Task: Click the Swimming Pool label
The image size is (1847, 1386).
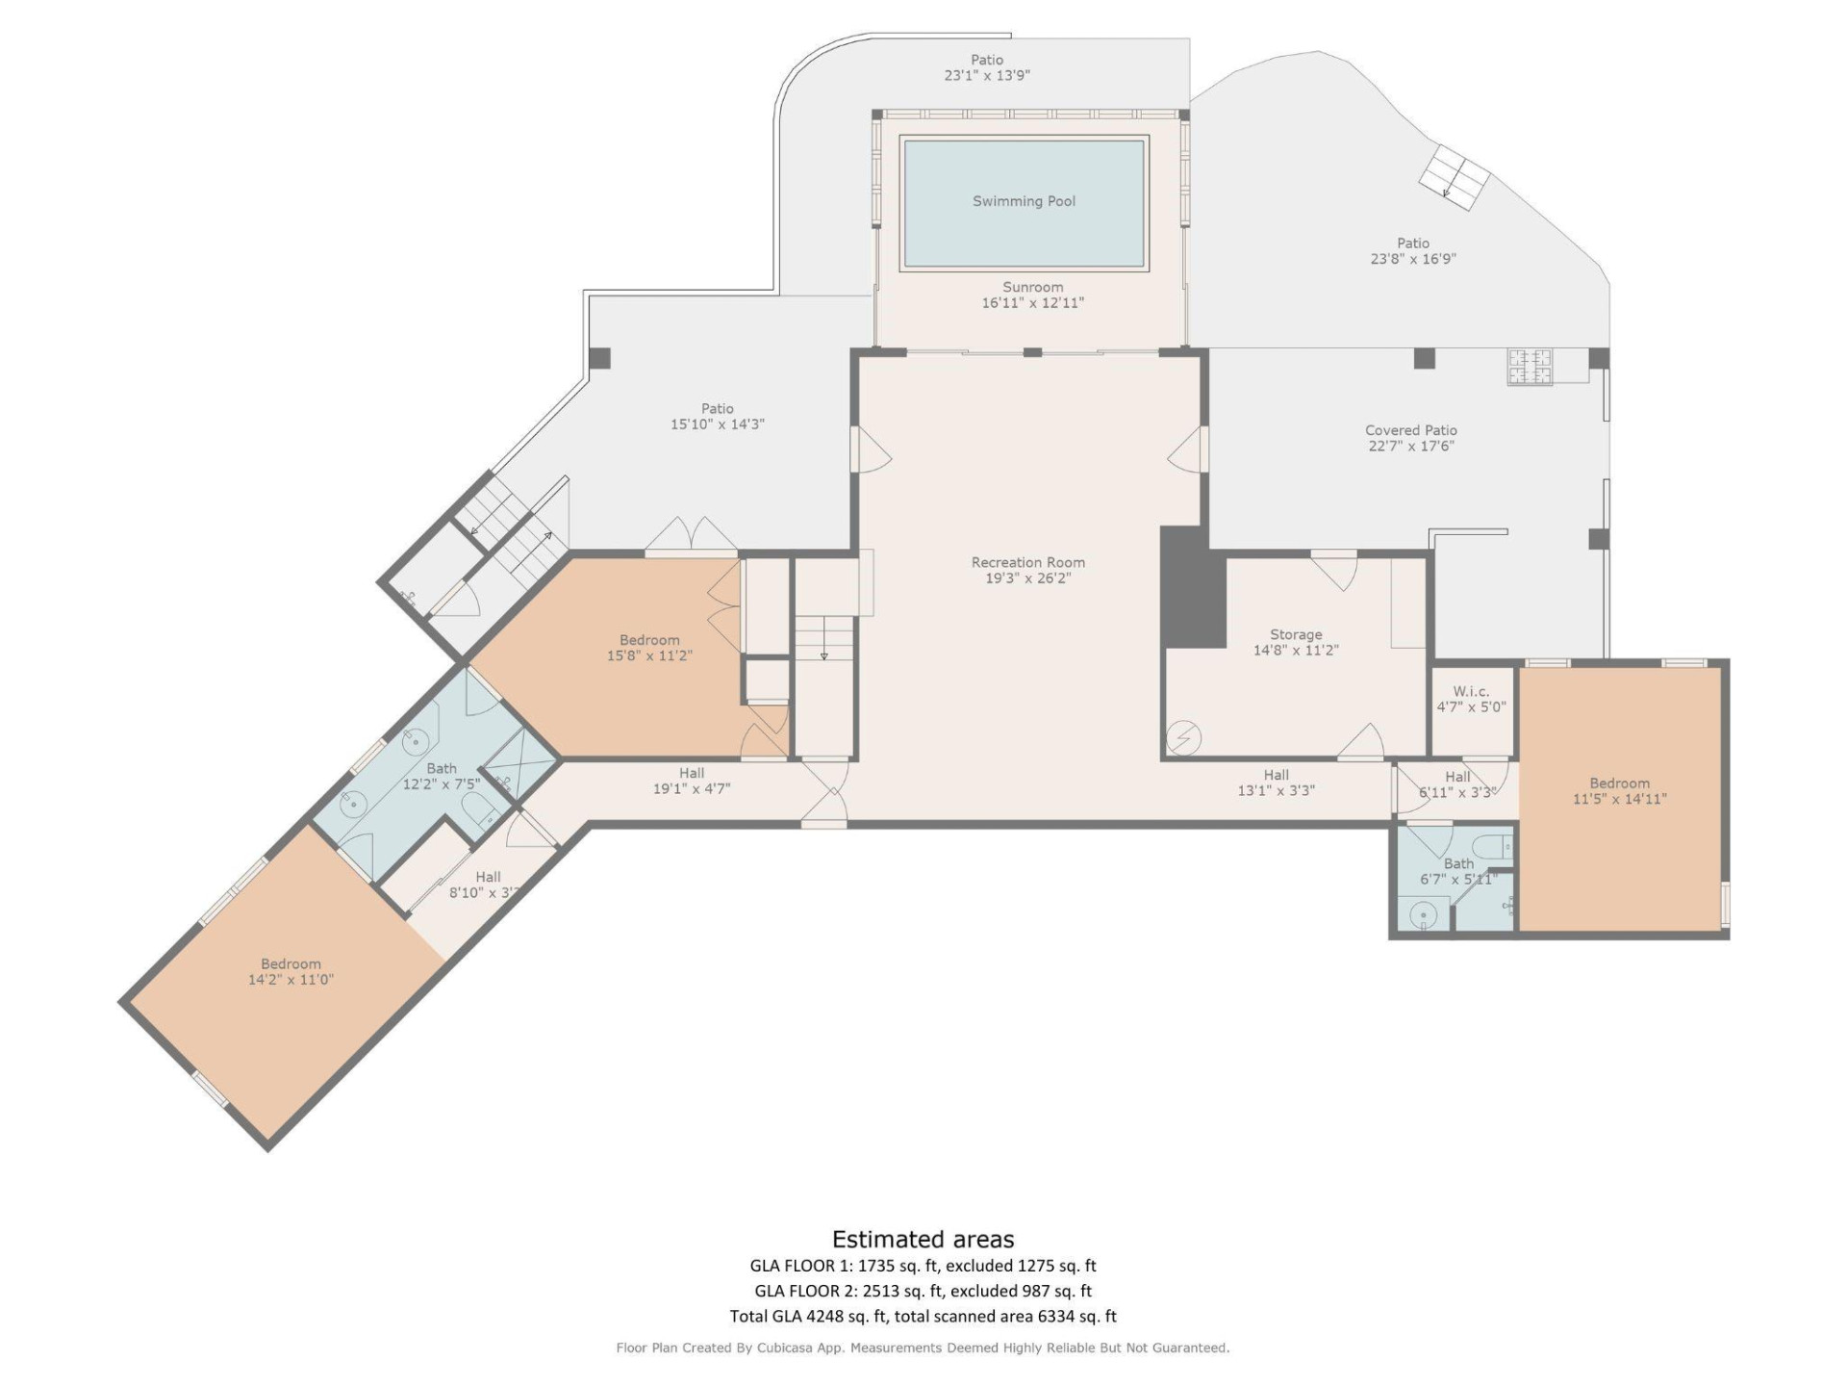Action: click(x=1024, y=201)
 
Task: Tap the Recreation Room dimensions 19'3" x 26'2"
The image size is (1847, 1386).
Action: click(x=1027, y=578)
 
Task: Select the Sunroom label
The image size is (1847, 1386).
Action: click(x=1032, y=287)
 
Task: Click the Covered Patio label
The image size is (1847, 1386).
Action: click(x=1410, y=430)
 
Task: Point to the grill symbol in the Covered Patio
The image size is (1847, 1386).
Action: click(x=1530, y=367)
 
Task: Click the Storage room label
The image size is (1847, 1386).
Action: click(x=1295, y=634)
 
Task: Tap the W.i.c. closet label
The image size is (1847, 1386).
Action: click(x=1471, y=691)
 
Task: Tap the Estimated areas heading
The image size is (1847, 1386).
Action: click(x=923, y=1239)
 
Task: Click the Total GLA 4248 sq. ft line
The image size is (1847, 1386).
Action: click(x=923, y=1316)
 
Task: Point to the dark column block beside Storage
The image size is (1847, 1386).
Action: click(x=1193, y=587)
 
